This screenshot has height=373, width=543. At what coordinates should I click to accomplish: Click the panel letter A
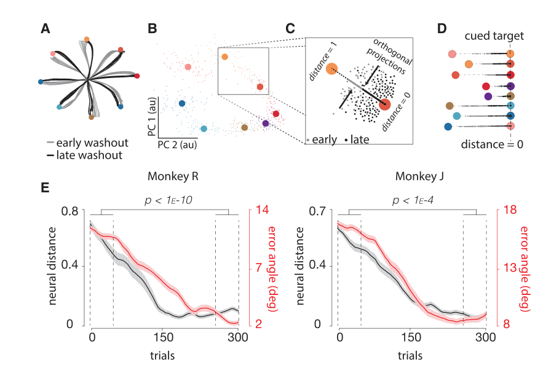[x=46, y=29]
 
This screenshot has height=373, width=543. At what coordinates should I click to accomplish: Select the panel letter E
[x=45, y=187]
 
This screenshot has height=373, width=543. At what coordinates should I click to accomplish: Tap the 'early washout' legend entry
[x=87, y=143]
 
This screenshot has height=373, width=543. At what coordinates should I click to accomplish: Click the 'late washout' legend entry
[x=84, y=155]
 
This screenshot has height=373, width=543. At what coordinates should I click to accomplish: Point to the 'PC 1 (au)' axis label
[x=152, y=116]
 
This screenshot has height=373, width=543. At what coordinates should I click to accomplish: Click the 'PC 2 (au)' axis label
[x=177, y=144]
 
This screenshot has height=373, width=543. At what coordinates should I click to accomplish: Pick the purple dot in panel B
[x=266, y=123]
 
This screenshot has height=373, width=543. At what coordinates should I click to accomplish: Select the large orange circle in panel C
[x=331, y=69]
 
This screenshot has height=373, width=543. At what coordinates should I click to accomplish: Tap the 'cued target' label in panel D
[x=494, y=36]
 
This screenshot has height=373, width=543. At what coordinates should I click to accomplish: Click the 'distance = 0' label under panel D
[x=492, y=144]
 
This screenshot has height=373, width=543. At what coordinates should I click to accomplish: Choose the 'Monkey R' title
[x=173, y=176]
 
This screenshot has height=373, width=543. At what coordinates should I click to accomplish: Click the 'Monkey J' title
[x=419, y=176]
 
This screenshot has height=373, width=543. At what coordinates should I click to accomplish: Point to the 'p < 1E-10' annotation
[x=168, y=200]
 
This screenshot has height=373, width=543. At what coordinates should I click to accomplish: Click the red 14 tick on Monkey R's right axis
[x=262, y=210]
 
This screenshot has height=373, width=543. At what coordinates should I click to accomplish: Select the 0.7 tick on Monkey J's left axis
[x=317, y=210]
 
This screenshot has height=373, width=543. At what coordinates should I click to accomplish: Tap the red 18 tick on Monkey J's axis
[x=509, y=210]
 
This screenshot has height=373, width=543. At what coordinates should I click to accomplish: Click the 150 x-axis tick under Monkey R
[x=163, y=337]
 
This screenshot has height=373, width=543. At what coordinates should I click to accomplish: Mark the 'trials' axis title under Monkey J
[x=410, y=355]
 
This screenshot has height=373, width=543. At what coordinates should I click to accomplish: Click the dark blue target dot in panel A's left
[x=41, y=82]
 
